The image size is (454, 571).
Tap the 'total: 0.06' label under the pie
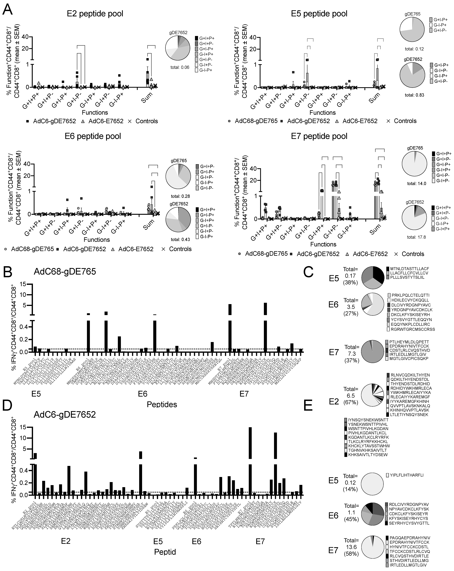[180, 67]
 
